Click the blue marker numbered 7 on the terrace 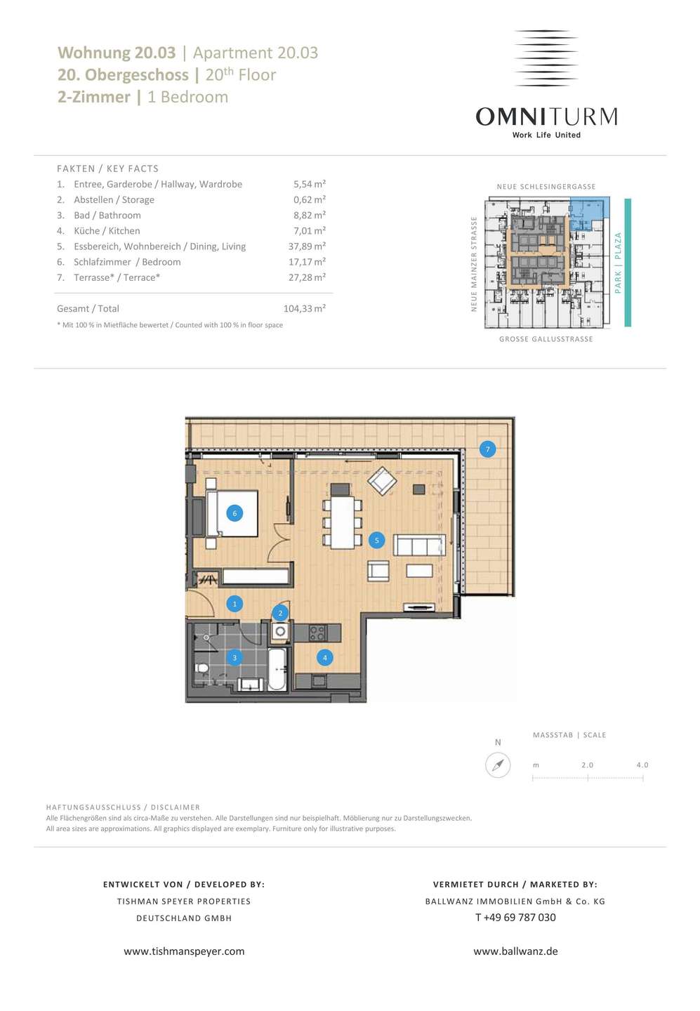487,449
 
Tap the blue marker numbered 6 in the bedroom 235,513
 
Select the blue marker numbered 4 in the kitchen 325,658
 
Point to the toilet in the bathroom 202,668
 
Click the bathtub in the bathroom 277,670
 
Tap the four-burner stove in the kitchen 317,633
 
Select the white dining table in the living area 343,522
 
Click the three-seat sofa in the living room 419,546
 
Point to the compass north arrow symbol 498,765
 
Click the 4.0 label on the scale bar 642,765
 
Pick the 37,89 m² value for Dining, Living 307,246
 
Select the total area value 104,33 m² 305,308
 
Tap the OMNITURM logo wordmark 546,116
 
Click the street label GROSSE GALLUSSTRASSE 546,339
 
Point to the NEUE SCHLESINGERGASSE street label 546,187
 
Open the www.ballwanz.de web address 515,951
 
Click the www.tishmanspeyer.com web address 184,951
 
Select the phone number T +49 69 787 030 515,917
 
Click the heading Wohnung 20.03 117,53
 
